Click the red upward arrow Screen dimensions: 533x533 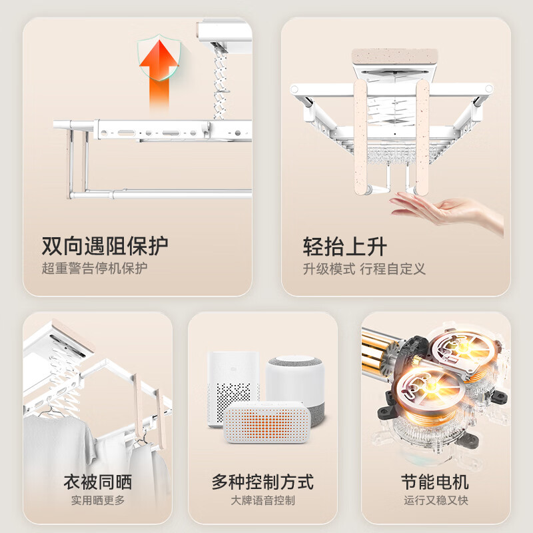click(x=159, y=73)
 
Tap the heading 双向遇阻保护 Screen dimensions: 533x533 click(x=105, y=246)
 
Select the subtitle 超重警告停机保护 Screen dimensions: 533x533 click(x=95, y=268)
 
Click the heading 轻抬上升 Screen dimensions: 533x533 click(x=344, y=247)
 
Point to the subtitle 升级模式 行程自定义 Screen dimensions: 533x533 click(x=364, y=269)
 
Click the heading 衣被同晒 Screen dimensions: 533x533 click(x=98, y=482)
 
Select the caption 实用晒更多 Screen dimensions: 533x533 click(x=98, y=500)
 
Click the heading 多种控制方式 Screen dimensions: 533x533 click(x=263, y=482)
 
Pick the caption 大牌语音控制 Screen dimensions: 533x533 click(x=263, y=500)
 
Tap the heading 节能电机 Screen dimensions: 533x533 click(x=435, y=482)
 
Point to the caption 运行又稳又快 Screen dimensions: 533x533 click(x=436, y=500)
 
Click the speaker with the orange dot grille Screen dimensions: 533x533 click(x=267, y=422)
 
